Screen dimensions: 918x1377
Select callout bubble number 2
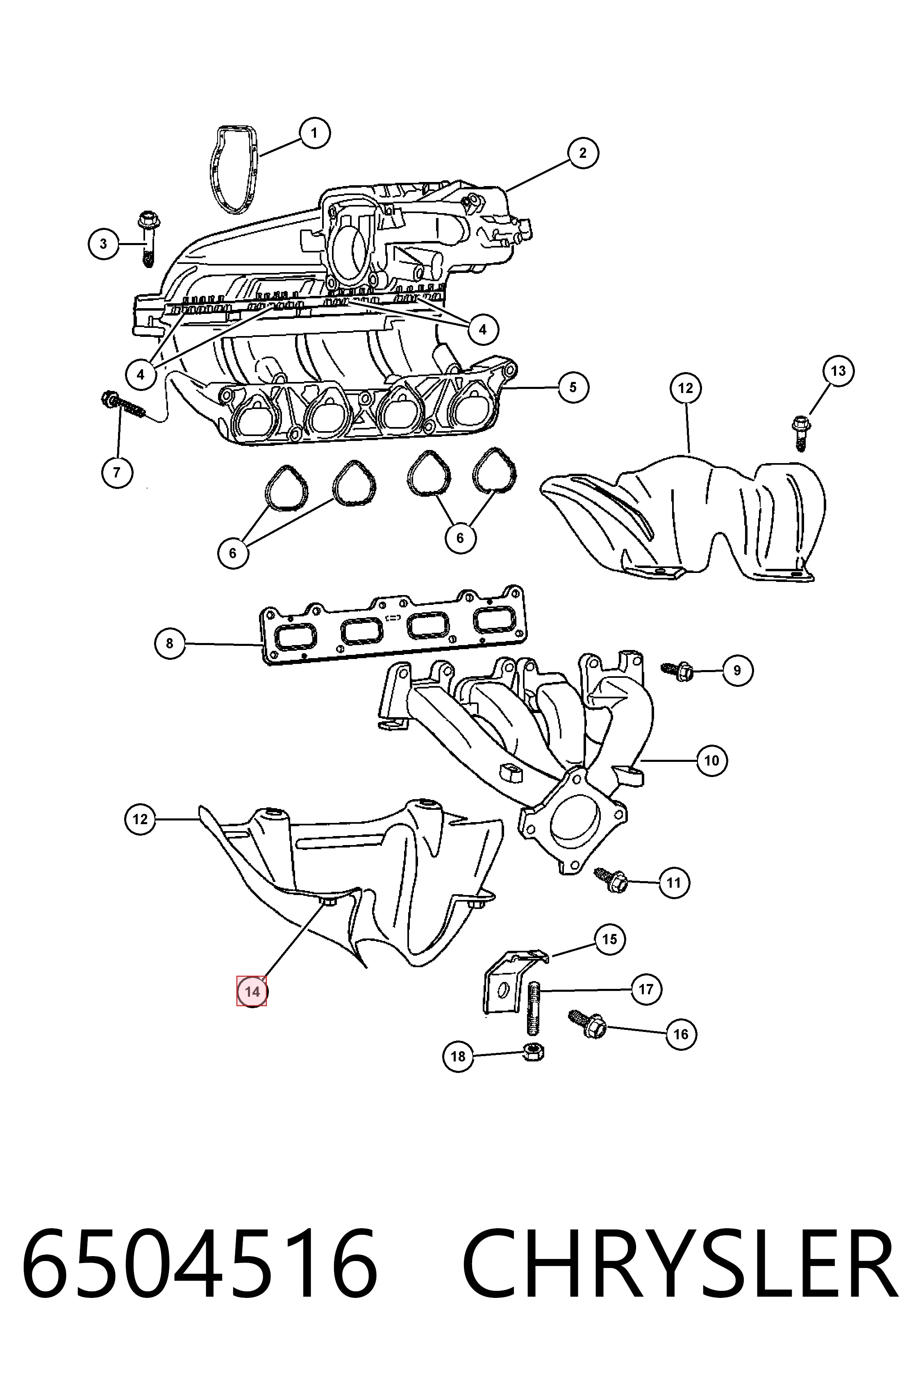582,153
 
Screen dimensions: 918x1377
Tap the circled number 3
104,243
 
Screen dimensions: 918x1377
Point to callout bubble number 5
573,387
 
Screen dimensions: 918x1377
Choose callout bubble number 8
170,643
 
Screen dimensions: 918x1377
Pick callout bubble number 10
711,761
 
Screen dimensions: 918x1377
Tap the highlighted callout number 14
252,991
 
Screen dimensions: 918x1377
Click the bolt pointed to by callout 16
586,1022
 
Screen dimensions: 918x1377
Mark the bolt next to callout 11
611,879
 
